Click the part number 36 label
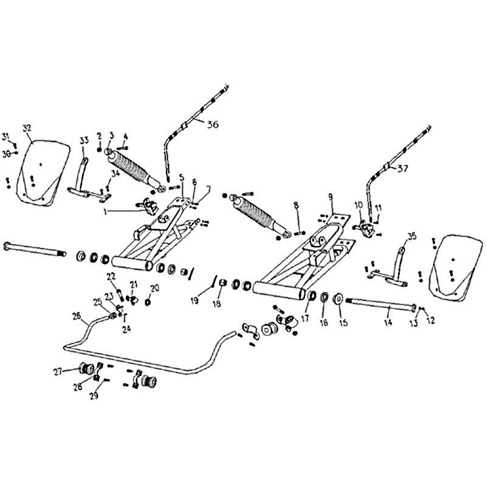(213, 125)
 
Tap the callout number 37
(403, 169)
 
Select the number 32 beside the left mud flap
(27, 128)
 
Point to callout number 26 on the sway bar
(77, 316)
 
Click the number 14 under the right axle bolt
(388, 323)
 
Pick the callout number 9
(330, 196)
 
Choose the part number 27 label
(58, 371)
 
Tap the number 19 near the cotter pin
(194, 300)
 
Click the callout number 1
(105, 211)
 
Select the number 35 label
(412, 237)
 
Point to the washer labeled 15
(338, 299)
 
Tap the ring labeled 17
(311, 295)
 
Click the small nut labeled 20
(148, 301)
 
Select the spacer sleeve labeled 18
(222, 283)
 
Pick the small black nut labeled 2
(99, 149)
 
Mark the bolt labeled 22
(120, 295)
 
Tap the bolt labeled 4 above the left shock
(123, 148)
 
